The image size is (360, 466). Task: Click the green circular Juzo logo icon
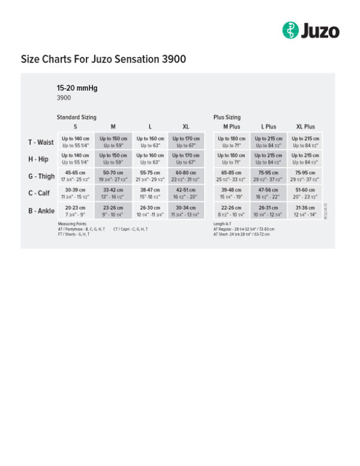290,30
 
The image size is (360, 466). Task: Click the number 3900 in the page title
173,59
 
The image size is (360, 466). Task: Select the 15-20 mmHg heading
77,88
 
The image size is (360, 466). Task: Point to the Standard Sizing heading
76,117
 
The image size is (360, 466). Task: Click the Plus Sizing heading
227,117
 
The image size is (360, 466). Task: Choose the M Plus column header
232,127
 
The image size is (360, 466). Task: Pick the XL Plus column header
305,127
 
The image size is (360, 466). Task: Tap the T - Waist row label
41,142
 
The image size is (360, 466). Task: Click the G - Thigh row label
41,177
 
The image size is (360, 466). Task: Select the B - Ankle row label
41,210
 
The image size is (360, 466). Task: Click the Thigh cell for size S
76,176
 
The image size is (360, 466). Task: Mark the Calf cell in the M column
113,193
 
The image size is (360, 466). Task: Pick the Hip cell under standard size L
149,159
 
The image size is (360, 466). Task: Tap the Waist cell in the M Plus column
232,142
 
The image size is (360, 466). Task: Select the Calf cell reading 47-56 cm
268,193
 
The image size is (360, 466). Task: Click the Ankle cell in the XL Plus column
305,210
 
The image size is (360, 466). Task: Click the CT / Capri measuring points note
130,229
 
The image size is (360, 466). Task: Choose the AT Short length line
241,234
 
